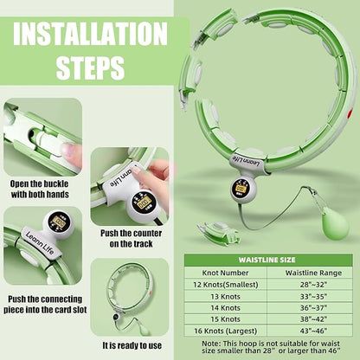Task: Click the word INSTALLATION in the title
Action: click(x=90, y=33)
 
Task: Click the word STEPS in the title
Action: click(x=90, y=67)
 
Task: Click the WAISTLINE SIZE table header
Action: click(x=267, y=260)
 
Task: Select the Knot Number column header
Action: click(x=225, y=273)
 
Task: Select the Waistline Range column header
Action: click(x=313, y=273)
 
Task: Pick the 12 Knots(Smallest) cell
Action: click(x=226, y=285)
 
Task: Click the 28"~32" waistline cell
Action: click(x=313, y=285)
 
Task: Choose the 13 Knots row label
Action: click(x=225, y=297)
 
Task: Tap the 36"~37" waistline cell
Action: click(x=313, y=308)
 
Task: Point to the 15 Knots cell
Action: click(x=225, y=319)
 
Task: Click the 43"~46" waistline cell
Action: click(x=313, y=331)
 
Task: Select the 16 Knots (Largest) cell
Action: click(x=225, y=331)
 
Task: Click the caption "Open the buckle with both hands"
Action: click(x=40, y=190)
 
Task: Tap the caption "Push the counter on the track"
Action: click(x=132, y=238)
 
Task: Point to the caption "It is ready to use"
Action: click(x=132, y=345)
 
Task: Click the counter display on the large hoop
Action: click(x=241, y=189)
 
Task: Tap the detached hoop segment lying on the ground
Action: click(x=219, y=231)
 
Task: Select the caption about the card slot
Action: click(x=45, y=305)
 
